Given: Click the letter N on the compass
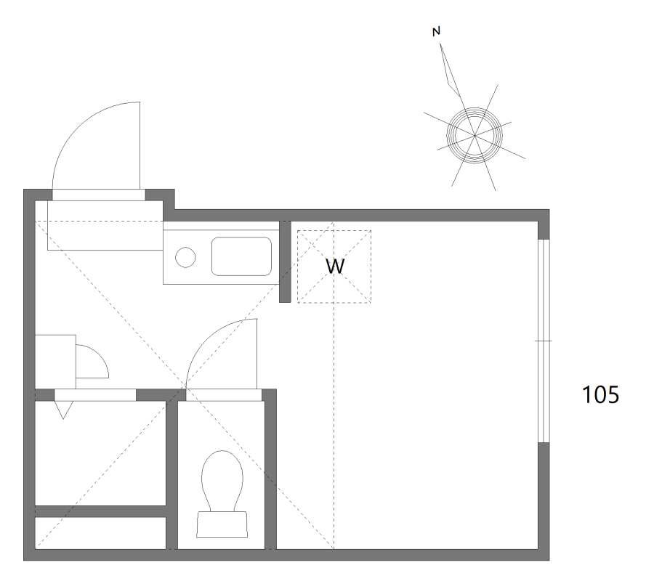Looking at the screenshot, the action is pos(436,31).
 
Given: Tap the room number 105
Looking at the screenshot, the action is pos(600,394).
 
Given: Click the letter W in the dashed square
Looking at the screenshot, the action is pos(335,267).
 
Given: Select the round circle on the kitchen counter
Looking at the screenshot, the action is pos(185,257).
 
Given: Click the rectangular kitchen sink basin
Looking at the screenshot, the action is pos(241,256).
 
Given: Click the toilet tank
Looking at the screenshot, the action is pos(222,524).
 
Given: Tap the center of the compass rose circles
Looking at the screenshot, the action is pos(475,135).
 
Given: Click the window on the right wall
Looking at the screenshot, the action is pos(544,341).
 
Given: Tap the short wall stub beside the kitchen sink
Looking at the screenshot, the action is pos(285,261).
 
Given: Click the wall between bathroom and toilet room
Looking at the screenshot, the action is pos(171,475).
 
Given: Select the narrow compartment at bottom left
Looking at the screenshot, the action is pos(100,533).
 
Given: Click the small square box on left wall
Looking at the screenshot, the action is pos(55,362).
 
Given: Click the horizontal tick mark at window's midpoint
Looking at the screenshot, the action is pos(544,341).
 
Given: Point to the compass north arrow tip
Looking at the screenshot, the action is pos(440,44).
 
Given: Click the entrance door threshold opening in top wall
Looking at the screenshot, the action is pos(99,195).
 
